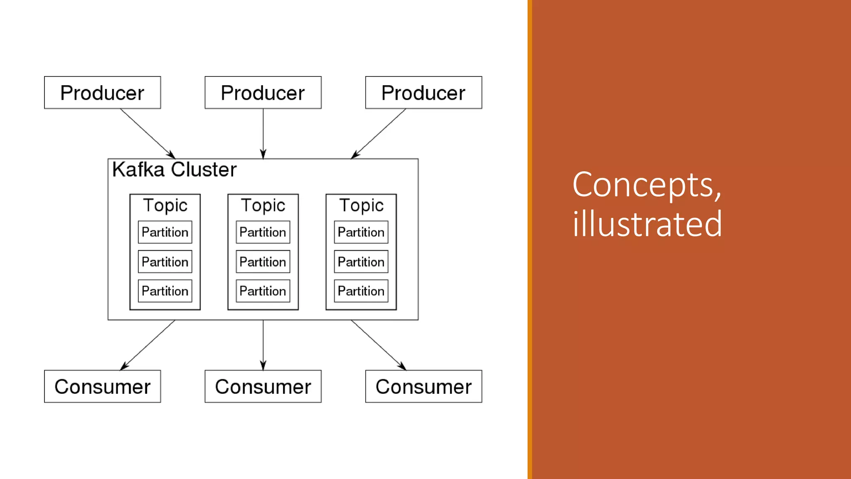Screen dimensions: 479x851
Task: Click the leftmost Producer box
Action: click(102, 93)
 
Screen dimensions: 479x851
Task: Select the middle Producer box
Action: click(263, 93)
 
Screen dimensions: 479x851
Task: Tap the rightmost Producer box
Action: click(423, 93)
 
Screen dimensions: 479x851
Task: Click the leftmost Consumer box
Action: click(102, 386)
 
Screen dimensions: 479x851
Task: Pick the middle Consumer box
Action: click(263, 386)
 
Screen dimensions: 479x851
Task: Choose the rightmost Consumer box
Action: click(423, 386)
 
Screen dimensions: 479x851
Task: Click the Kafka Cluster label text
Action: click(174, 170)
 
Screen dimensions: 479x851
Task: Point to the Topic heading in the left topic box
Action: click(165, 205)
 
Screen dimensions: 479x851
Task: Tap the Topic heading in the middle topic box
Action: click(263, 205)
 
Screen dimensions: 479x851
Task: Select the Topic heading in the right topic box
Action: click(361, 205)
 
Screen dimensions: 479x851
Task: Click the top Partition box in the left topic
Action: click(165, 232)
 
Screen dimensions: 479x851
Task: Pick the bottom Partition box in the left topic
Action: click(165, 291)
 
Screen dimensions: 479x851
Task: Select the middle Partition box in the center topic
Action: click(263, 262)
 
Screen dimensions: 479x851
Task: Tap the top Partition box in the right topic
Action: click(361, 232)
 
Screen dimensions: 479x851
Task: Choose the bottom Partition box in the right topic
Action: click(361, 291)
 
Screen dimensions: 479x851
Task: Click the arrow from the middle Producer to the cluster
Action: click(263, 133)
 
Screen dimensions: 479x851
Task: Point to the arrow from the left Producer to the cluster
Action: click(148, 133)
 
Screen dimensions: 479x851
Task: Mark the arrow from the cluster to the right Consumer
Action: click(378, 345)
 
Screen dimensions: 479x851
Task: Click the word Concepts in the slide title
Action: click(647, 185)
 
